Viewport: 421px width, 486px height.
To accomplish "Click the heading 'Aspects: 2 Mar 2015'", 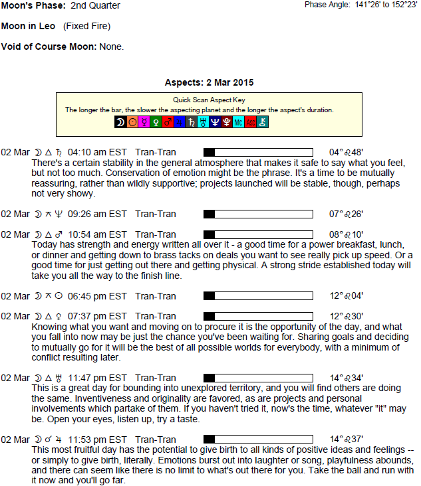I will click(209, 83).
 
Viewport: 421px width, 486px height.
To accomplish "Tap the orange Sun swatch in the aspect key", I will click(132, 122).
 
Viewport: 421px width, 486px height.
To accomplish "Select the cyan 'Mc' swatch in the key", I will click(238, 122).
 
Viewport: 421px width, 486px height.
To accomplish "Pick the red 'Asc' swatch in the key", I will click(250, 122).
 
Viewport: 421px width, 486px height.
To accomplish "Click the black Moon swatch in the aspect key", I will click(120, 122).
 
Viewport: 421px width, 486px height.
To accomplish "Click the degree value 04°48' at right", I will click(346, 152).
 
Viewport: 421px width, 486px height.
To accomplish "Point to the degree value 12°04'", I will click(346, 296).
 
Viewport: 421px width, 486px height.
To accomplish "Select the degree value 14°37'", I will click(346, 440).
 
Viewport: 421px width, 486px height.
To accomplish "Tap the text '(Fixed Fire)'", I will click(86, 27).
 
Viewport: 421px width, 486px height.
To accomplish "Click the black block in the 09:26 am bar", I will click(209, 214).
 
